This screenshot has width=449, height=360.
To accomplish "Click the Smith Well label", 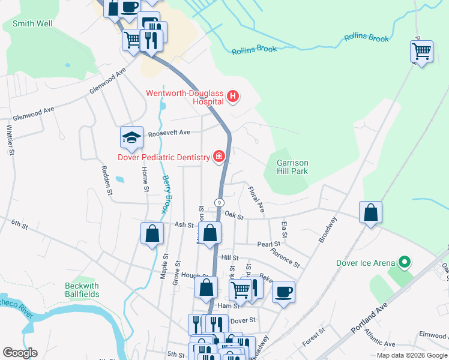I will (x=32, y=23).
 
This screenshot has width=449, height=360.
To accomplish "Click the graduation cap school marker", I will (x=131, y=137).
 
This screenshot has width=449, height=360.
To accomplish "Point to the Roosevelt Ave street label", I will (x=169, y=132).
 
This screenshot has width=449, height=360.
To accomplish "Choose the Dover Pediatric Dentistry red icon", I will (x=220, y=157).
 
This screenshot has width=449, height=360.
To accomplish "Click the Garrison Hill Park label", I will (x=292, y=167).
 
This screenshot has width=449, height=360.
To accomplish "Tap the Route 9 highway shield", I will (x=220, y=203).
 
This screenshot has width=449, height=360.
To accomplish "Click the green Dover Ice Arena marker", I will (x=405, y=262).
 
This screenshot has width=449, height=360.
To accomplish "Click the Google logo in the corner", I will (x=20, y=353).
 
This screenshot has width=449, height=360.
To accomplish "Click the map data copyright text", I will (x=412, y=355).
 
